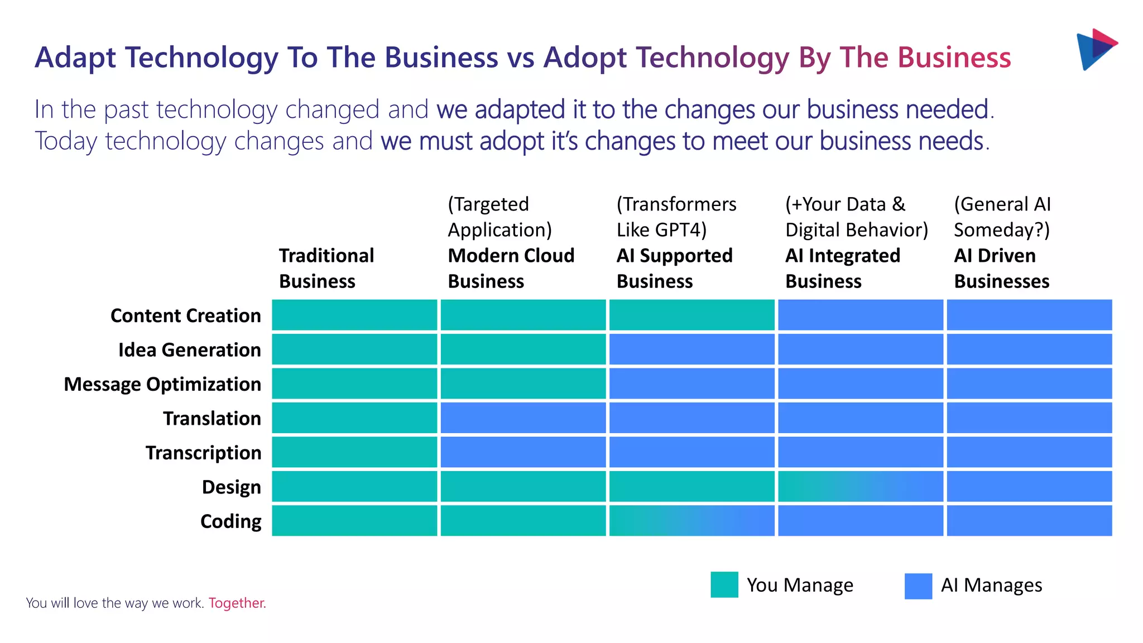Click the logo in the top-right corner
[1096, 49]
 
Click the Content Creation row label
[185, 316]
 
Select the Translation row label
[212, 419]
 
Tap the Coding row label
[230, 521]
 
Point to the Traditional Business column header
[326, 268]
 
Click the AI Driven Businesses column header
[1001, 268]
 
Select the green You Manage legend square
[724, 584]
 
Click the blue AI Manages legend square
[918, 586]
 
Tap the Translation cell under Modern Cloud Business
[523, 418]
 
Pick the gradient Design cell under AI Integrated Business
[860, 486]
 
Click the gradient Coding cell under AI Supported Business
[691, 521]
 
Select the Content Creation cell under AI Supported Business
[691, 315]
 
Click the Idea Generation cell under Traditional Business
[354, 349]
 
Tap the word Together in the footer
[237, 603]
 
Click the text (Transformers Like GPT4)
[676, 217]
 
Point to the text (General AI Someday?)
[1002, 217]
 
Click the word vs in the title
[520, 58]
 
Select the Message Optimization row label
[162, 385]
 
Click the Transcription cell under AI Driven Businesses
[1029, 452]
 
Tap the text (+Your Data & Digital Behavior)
[856, 217]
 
